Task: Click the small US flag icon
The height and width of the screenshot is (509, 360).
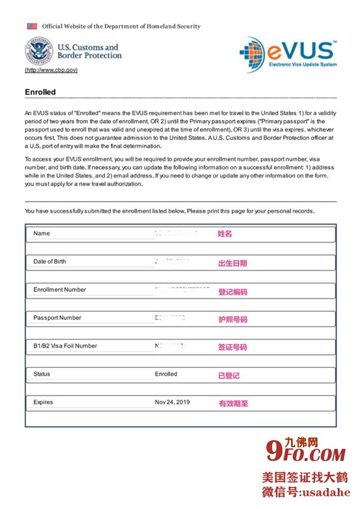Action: [32, 26]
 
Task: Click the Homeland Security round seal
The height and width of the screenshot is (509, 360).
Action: [38, 52]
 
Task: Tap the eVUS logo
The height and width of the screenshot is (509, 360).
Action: [288, 53]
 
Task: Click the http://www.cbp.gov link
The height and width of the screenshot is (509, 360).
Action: [51, 70]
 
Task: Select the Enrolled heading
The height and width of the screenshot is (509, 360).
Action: [40, 92]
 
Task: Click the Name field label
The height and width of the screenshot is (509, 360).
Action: [42, 233]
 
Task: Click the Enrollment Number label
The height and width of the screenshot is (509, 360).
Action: [59, 290]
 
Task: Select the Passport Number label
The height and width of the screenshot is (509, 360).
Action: [57, 318]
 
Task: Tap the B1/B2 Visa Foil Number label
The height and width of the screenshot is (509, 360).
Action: [65, 346]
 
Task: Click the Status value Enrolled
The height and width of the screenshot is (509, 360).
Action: [166, 374]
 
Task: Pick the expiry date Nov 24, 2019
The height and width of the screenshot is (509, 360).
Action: [172, 402]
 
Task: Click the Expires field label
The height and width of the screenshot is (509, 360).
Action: [43, 402]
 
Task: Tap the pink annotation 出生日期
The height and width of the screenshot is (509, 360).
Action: [232, 263]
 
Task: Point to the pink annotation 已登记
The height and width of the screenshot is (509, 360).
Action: [229, 376]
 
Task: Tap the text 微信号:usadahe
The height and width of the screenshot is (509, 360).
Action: [305, 492]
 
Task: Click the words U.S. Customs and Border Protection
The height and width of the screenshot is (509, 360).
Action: [89, 51]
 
